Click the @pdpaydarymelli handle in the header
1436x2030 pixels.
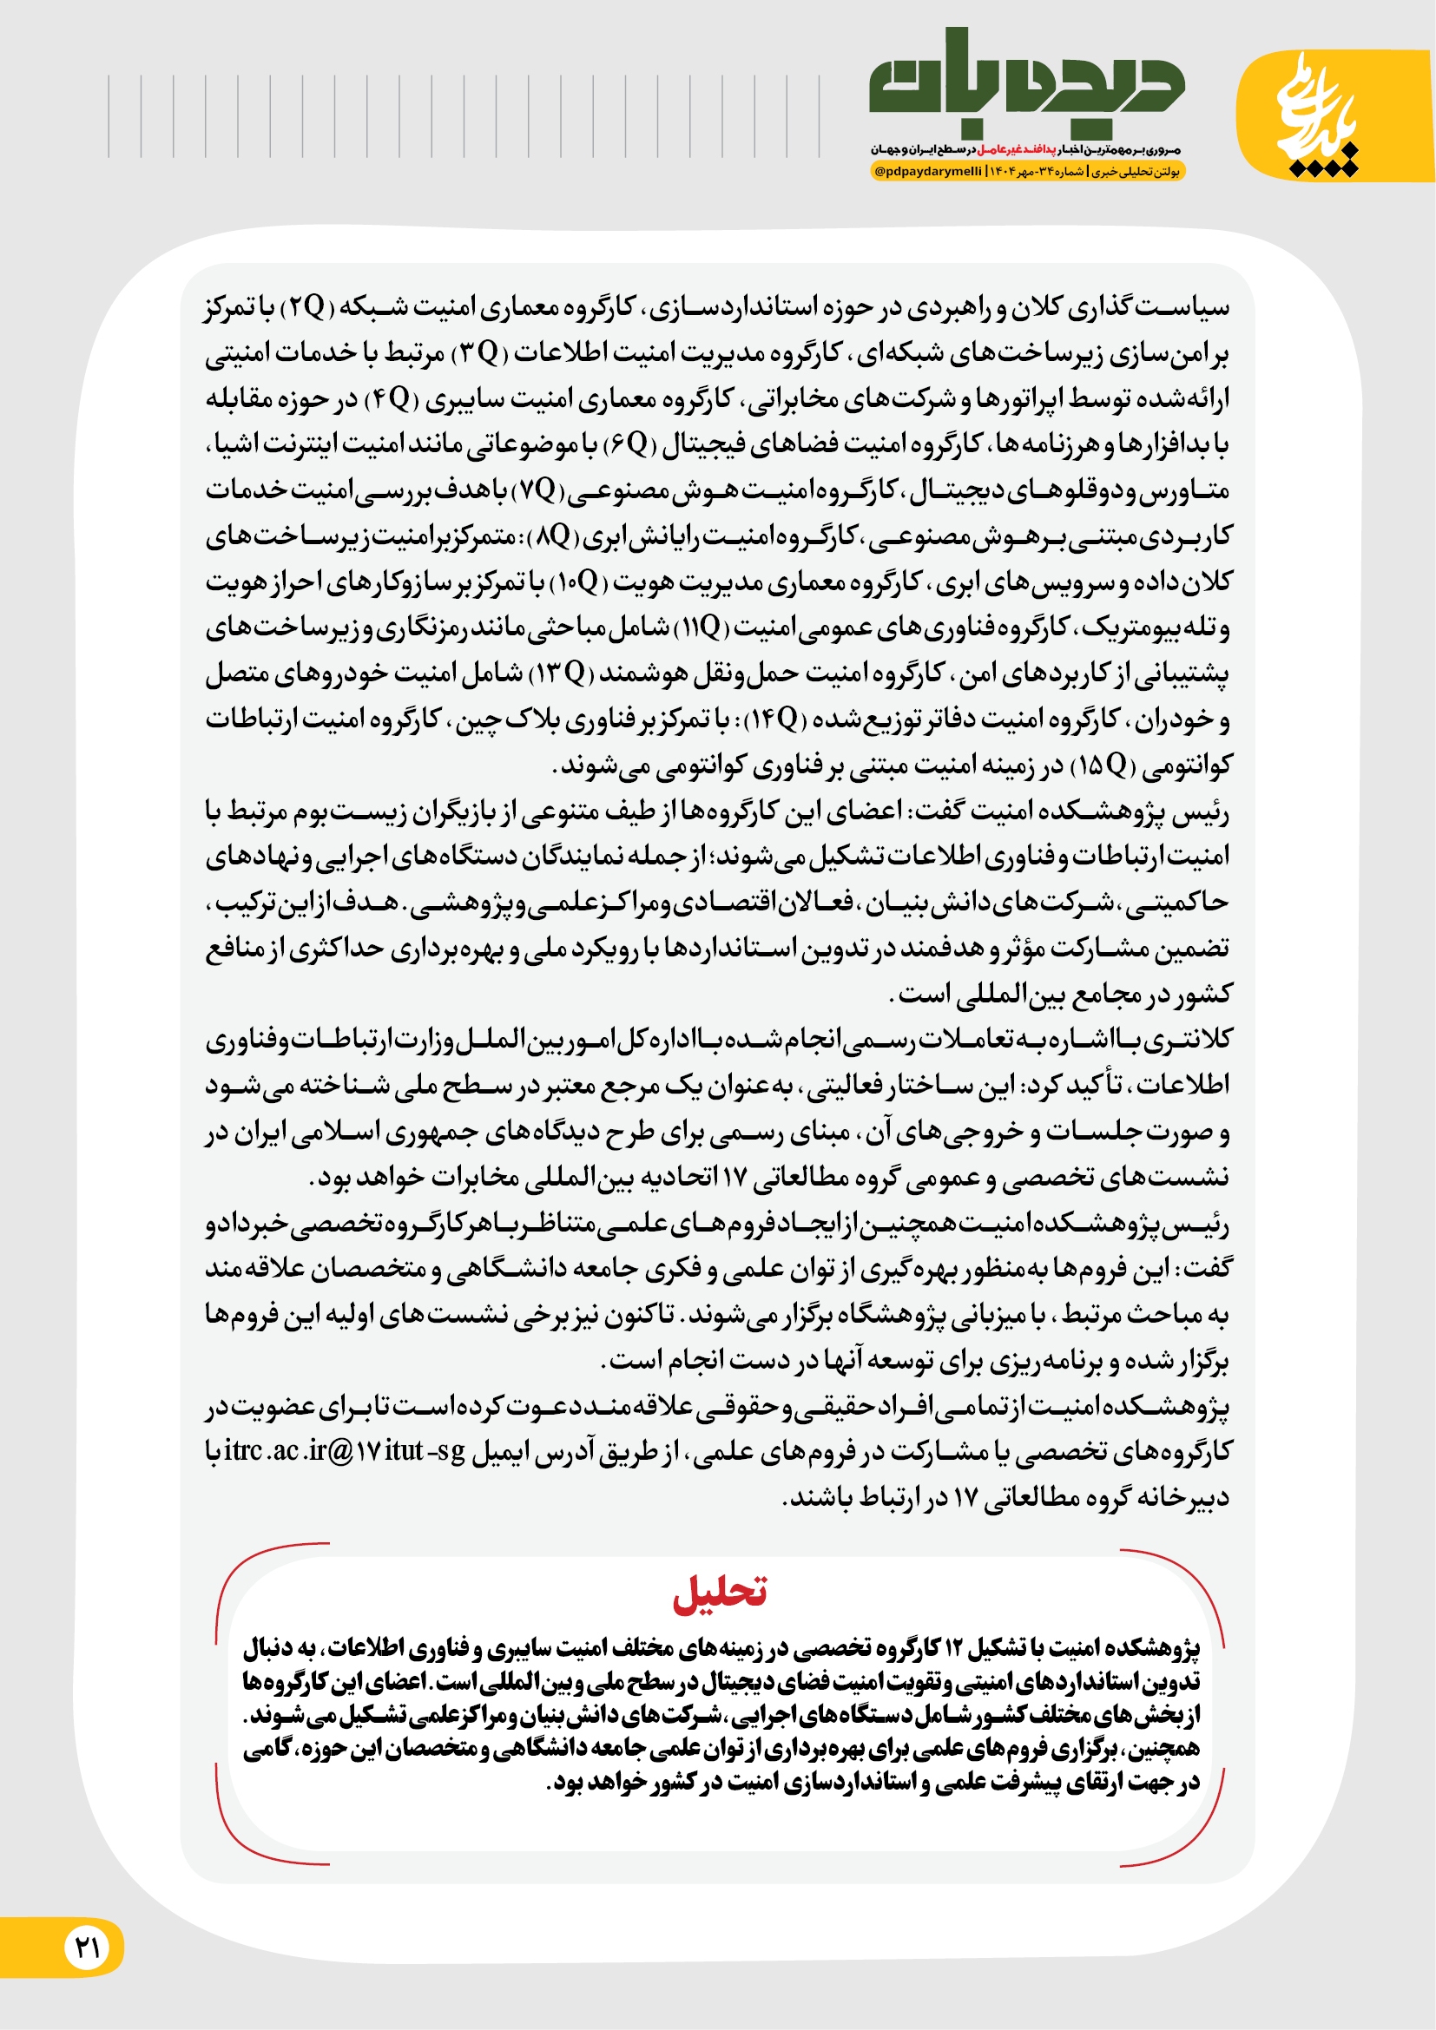click(x=927, y=172)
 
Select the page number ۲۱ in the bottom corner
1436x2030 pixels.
click(x=87, y=1947)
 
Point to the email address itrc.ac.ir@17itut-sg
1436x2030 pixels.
click(x=344, y=1451)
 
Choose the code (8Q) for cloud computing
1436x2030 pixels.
click(x=554, y=535)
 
